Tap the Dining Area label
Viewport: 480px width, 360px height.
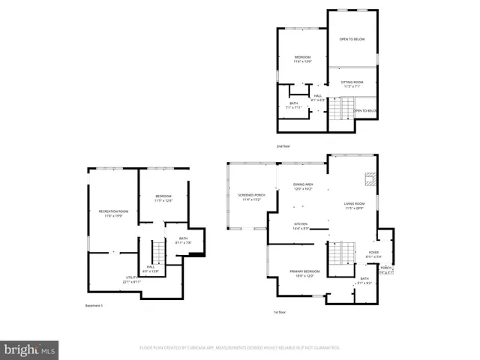click(x=303, y=186)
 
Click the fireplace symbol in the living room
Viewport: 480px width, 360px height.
click(x=369, y=178)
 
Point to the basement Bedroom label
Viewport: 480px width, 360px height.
click(x=163, y=198)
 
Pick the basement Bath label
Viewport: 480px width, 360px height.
click(x=184, y=240)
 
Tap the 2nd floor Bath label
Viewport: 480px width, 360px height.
click(x=294, y=105)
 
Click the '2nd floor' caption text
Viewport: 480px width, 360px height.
click(x=283, y=145)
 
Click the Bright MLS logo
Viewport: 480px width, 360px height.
click(x=30, y=350)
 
